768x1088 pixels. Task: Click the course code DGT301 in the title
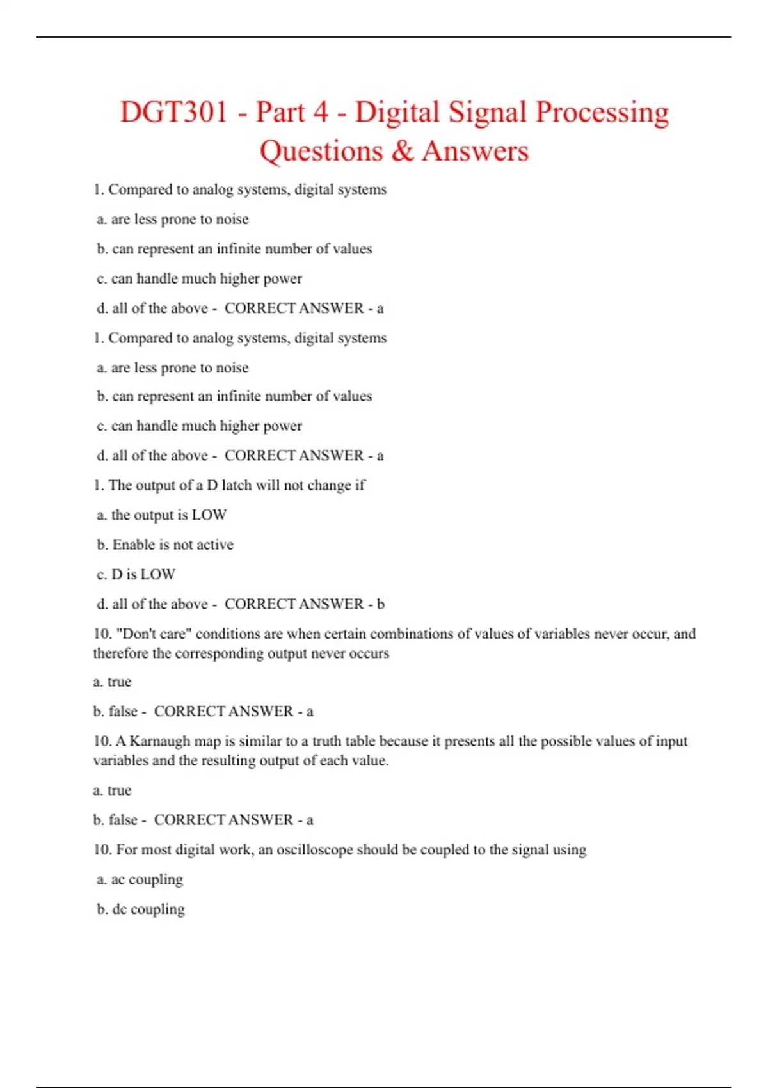(x=173, y=112)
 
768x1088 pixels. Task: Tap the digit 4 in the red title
(x=320, y=112)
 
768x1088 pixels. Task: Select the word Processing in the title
(x=602, y=112)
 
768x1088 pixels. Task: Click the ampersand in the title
(x=402, y=151)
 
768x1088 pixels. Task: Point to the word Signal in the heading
(x=487, y=112)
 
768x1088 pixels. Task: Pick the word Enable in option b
(x=133, y=545)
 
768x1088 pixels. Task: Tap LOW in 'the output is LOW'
(x=209, y=515)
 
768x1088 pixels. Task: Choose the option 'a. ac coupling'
(x=140, y=879)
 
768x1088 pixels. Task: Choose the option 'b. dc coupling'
(x=141, y=909)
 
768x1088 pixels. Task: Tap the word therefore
(x=121, y=653)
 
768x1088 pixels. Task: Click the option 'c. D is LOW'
(x=136, y=574)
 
